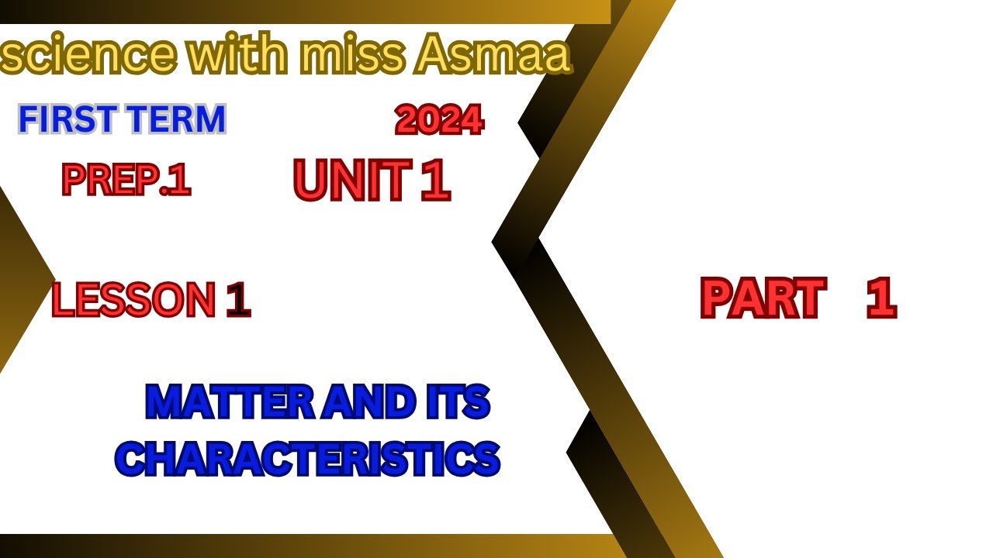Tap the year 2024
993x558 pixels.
coord(439,121)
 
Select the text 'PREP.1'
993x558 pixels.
coord(126,181)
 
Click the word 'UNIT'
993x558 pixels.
coord(351,181)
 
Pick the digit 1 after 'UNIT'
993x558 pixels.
coord(435,181)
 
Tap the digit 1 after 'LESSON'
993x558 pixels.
coord(238,301)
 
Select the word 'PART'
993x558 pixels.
coord(762,299)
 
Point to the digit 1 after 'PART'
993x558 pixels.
coord(881,299)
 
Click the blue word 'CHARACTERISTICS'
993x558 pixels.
coord(308,458)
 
